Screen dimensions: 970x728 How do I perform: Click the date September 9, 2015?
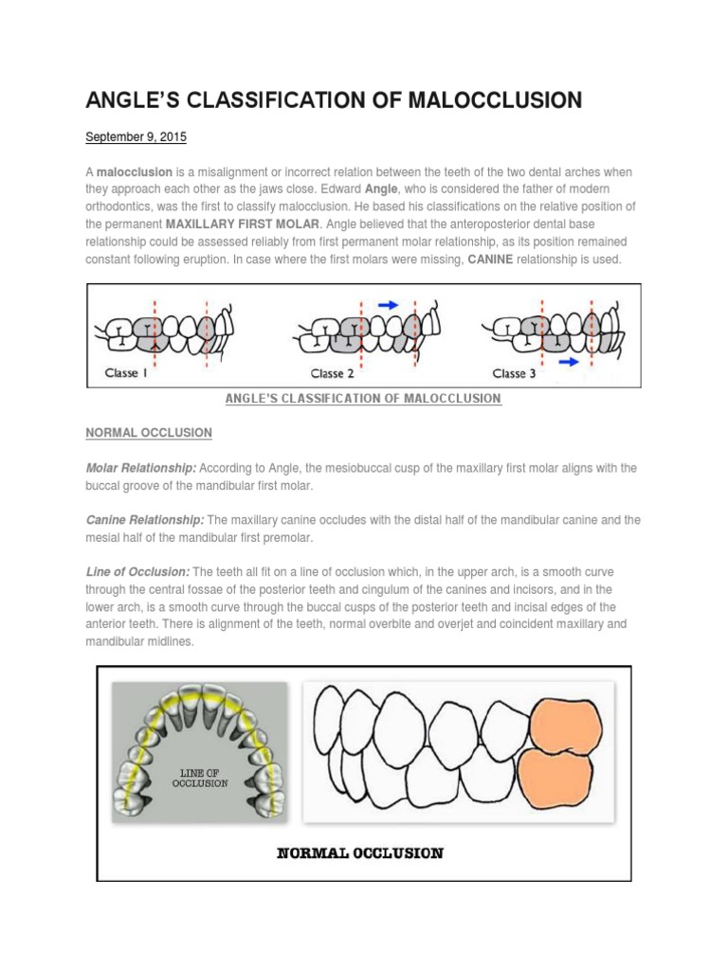136,137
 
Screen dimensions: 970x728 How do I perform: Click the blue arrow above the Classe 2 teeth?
389,304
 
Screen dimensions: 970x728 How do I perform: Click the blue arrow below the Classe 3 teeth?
569,361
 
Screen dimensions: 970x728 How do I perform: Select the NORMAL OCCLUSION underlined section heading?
149,433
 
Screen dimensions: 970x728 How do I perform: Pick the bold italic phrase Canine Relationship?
145,520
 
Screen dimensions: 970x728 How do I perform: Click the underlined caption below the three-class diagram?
362,399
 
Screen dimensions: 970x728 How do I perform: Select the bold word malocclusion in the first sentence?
134,172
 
